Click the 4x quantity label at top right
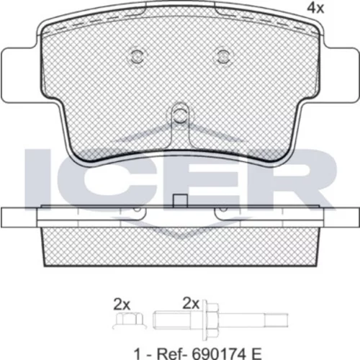pos(315,9)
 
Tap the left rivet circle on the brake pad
pos(137,57)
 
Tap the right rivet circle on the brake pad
pos(223,57)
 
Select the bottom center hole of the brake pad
pos(180,115)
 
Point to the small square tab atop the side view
pos(180,201)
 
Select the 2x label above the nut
pos(122,305)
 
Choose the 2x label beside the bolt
pos(191,304)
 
